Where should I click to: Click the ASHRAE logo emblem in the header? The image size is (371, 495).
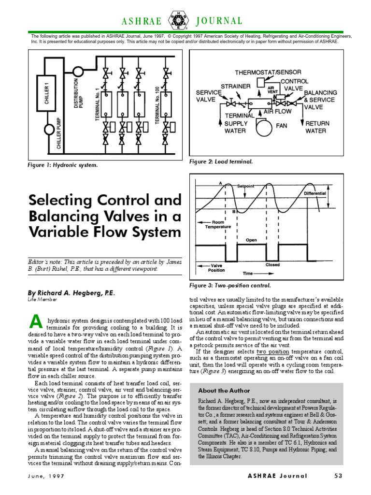[x=175, y=21]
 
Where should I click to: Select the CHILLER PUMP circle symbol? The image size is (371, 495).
[x=49, y=130]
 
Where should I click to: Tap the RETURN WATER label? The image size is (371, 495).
[x=317, y=127]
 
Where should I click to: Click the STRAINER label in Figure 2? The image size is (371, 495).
[x=235, y=86]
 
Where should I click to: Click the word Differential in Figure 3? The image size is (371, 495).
[x=315, y=193]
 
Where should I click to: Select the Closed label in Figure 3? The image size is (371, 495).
[x=273, y=264]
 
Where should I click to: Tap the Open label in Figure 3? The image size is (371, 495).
[x=251, y=239]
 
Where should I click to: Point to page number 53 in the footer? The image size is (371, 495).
[x=338, y=476]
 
